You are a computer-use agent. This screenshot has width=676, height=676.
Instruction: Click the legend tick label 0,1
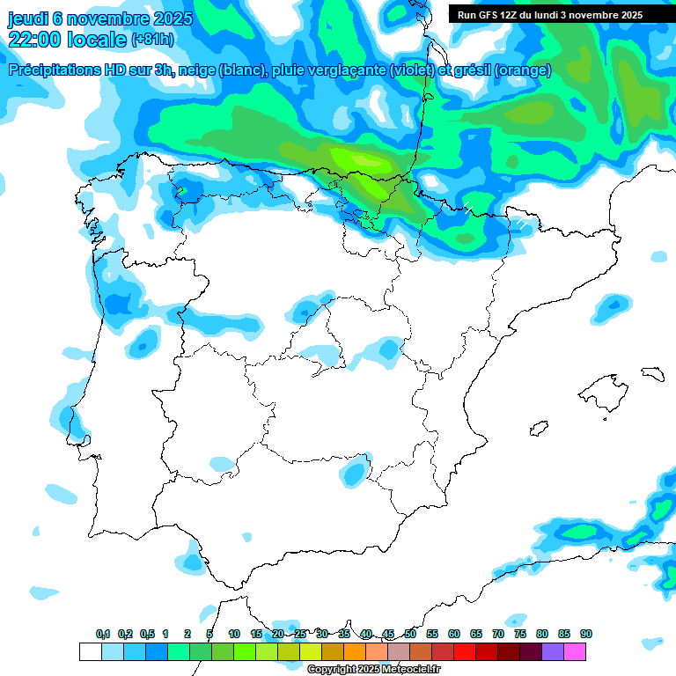(x=103, y=634)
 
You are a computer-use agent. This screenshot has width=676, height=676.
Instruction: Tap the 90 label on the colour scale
(x=586, y=634)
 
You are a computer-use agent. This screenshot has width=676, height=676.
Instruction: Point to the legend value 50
(x=410, y=634)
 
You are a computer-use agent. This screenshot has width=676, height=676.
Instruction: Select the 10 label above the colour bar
(x=234, y=634)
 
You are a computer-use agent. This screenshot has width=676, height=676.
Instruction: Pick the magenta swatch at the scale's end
(x=575, y=651)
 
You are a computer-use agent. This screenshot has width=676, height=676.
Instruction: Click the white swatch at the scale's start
(x=90, y=651)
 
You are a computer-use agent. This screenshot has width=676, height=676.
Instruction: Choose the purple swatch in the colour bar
(x=553, y=651)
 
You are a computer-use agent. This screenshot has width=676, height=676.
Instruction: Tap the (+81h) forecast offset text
(x=152, y=40)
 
